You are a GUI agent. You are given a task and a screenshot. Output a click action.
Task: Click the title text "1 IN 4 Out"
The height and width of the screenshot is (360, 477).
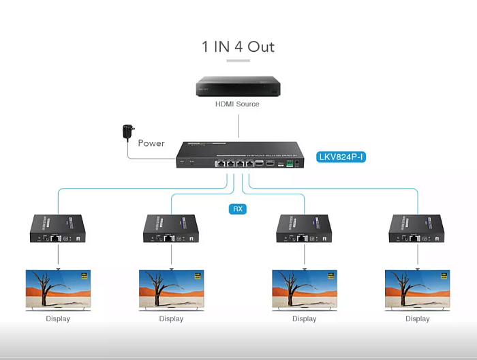coord(238,46)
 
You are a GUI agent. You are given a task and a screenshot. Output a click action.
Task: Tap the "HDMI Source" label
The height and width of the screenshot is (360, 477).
coord(237,104)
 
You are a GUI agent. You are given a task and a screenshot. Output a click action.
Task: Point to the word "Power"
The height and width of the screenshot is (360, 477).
coord(151,143)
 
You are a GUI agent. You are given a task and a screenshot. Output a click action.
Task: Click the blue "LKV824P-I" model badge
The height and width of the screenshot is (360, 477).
coord(342,157)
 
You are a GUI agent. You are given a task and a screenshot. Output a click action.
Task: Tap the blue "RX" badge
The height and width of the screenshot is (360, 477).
coord(237,209)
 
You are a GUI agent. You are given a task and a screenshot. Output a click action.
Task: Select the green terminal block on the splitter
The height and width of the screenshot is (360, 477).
coord(290,164)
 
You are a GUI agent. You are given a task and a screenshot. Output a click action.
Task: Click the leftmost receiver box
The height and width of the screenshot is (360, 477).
coord(57,228)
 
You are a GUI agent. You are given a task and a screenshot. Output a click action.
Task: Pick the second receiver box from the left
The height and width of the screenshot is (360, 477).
coord(171,228)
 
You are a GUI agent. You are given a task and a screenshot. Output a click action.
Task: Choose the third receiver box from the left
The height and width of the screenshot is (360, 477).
coord(304,228)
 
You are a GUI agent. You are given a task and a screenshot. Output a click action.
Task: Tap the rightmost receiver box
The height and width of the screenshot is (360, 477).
coord(417,228)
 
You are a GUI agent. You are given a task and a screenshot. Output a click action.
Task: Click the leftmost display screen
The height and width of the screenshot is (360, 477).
coord(57,290)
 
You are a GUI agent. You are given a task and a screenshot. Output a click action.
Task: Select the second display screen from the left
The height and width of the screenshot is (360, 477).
coord(171,290)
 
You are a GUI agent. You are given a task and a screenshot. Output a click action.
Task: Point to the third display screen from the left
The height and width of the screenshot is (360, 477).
coord(304,290)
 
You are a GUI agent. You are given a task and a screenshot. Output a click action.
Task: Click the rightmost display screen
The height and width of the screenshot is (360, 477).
coord(417,290)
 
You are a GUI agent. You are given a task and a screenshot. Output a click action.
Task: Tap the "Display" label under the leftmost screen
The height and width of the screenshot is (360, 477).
coord(57,319)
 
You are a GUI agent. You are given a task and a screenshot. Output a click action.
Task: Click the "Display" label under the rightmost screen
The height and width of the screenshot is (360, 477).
coord(417,319)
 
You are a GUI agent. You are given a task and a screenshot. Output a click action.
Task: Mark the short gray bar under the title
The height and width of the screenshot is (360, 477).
coord(238,61)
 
